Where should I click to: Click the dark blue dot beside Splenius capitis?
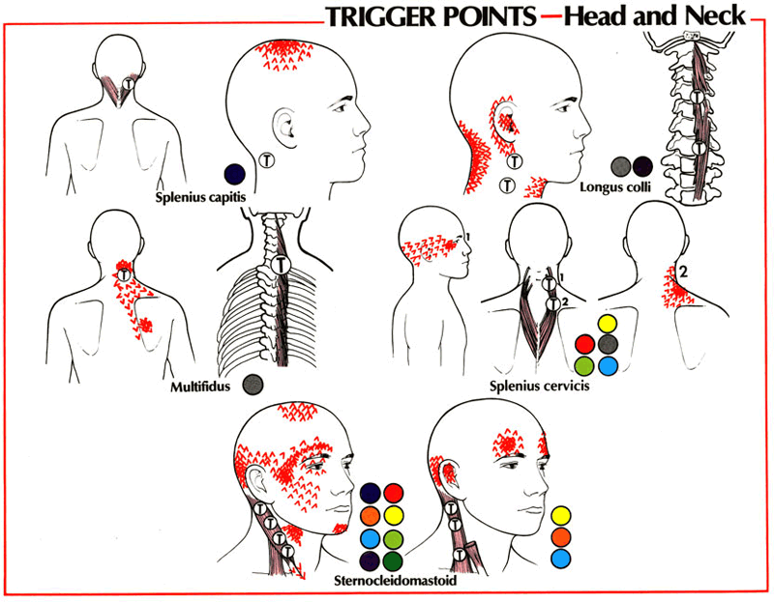point(231,173)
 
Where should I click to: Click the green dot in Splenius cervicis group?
point(583,366)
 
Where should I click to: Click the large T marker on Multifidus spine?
point(279,264)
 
